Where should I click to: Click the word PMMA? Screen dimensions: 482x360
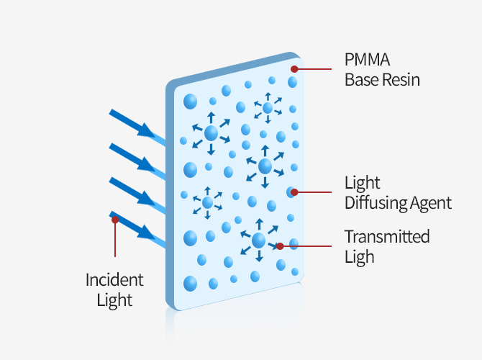tap(367, 60)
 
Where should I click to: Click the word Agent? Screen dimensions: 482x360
tap(431, 203)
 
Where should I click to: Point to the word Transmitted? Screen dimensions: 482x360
tap(387, 237)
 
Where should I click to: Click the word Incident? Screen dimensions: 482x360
tap(114, 280)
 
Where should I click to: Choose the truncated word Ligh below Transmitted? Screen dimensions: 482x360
tap(360, 257)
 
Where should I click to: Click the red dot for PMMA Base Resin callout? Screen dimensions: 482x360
tap(294, 69)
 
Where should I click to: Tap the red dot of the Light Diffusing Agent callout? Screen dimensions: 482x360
tap(294, 192)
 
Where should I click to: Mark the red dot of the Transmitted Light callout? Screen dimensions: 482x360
tap(280, 246)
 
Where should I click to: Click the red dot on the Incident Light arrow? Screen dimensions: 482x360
tap(115, 220)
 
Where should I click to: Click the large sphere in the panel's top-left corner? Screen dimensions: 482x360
tap(190, 102)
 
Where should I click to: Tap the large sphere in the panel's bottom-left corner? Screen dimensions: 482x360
tap(190, 284)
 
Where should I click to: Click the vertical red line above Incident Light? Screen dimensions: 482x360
tap(115, 238)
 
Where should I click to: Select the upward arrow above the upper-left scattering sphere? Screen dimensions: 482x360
tap(211, 118)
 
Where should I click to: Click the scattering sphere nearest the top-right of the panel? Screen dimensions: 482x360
tap(268, 108)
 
